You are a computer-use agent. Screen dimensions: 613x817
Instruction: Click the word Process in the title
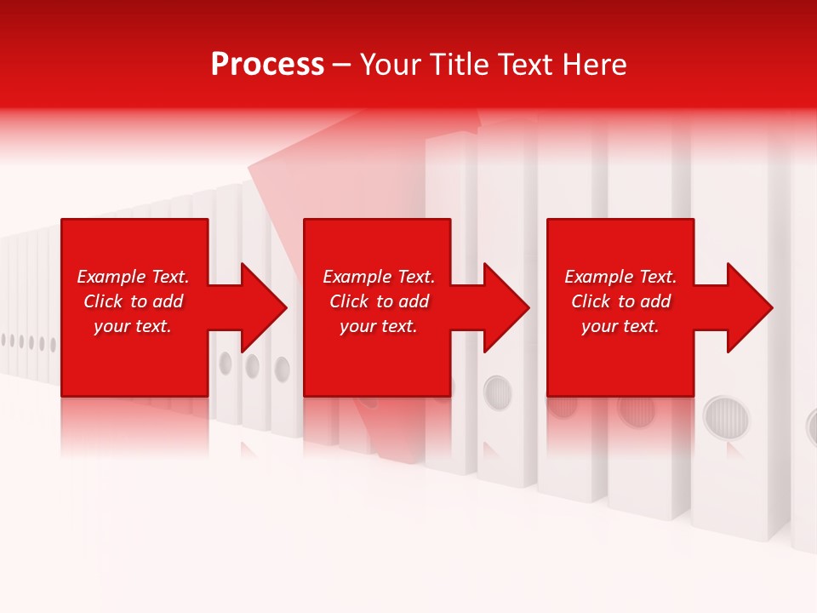tap(267, 65)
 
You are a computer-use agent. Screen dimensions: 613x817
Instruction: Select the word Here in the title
tap(592, 65)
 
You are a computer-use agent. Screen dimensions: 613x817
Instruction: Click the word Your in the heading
tap(392, 65)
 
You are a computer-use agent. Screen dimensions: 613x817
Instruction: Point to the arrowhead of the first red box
tap(264, 307)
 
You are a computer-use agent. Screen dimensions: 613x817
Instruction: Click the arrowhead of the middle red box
tap(506, 307)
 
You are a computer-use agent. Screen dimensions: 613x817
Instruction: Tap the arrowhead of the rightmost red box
tap(750, 307)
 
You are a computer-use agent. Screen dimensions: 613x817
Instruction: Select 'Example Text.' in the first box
tap(133, 277)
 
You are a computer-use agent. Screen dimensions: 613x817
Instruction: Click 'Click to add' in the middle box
tap(379, 301)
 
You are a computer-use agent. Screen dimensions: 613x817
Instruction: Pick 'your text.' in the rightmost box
tap(620, 326)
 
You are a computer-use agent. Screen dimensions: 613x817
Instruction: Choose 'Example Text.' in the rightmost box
tap(620, 277)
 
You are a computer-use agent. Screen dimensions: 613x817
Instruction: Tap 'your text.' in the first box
tap(133, 326)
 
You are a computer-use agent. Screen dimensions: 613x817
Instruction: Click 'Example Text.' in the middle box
tap(379, 277)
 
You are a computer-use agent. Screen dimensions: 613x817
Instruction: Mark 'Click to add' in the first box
tap(133, 301)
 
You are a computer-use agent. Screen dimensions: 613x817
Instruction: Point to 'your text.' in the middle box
tap(379, 326)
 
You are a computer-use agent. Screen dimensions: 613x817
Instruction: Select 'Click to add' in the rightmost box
tap(620, 301)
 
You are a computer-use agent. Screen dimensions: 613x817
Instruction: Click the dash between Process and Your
tap(341, 66)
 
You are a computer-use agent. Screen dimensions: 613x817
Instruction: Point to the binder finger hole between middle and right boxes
tap(497, 392)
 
